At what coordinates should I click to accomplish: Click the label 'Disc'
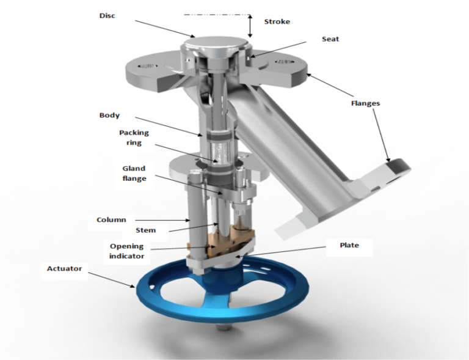[x=107, y=15]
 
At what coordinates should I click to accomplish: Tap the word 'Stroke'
[x=277, y=21]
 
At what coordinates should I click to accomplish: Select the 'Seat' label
[x=330, y=39]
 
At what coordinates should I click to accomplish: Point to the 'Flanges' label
[x=365, y=103]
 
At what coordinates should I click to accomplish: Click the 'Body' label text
[x=109, y=115]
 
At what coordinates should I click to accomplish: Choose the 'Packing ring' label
[x=134, y=138]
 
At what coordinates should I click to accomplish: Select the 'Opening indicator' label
[x=127, y=251]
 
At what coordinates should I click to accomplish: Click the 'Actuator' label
[x=65, y=268]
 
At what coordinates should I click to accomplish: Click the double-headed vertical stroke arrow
[x=250, y=25]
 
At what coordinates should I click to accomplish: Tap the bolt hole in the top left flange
[x=146, y=64]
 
